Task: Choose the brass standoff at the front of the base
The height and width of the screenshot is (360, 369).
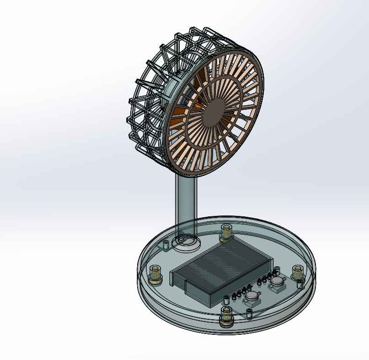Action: [x=226, y=317]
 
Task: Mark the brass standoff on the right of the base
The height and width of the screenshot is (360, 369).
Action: [x=298, y=274]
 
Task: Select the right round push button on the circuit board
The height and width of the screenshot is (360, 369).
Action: [x=278, y=282]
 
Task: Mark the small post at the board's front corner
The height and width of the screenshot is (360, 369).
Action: [x=249, y=313]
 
